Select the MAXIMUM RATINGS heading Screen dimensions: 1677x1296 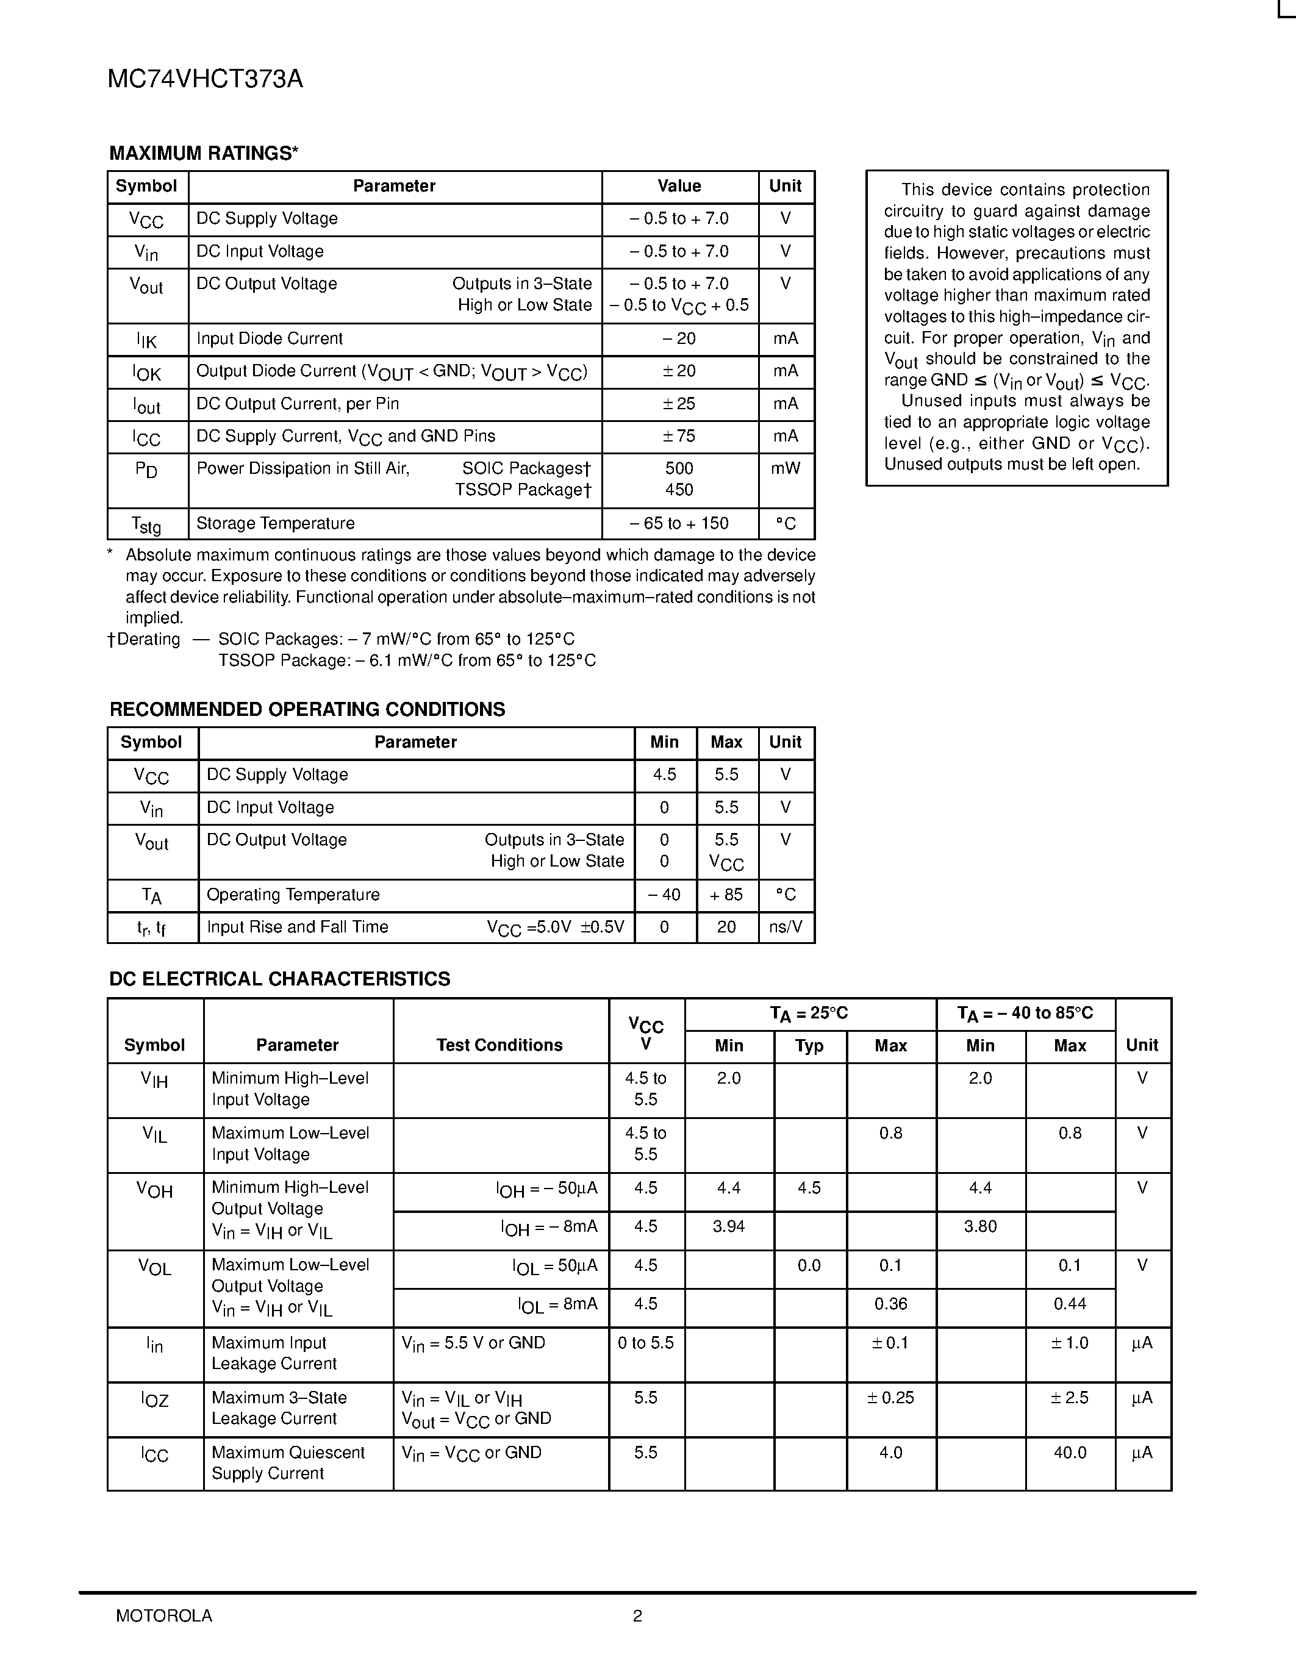coord(204,154)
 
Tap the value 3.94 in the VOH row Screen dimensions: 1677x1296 coord(729,1226)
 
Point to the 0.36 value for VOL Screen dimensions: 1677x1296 coord(890,1304)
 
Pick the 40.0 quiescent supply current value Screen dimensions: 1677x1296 coord(1070,1453)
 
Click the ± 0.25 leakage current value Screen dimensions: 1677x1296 coord(890,1398)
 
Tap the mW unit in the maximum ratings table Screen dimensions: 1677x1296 coord(786,468)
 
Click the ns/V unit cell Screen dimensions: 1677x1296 coord(786,927)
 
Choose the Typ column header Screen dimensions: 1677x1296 coord(809,1046)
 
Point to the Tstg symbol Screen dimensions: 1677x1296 coord(146,525)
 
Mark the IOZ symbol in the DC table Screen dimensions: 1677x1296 coord(154,1400)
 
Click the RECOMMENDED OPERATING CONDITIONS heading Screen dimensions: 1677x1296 coord(307,709)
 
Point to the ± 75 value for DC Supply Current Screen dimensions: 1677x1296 coord(679,436)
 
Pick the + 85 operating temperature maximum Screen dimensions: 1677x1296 coord(726,895)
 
